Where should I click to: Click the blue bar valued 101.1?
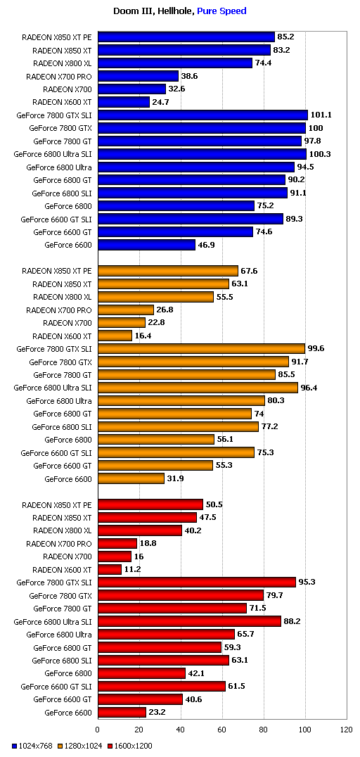(x=202, y=115)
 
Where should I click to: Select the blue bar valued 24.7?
(x=124, y=102)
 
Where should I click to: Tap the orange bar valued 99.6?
(x=201, y=348)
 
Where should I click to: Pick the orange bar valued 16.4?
(x=115, y=336)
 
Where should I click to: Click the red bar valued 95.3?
(x=197, y=583)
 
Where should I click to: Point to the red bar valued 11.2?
(x=110, y=569)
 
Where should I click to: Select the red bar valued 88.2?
(x=190, y=621)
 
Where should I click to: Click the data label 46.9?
(x=206, y=245)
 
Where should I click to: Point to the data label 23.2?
(x=157, y=712)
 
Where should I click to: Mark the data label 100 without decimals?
(x=316, y=128)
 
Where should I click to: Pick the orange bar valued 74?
(x=174, y=414)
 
